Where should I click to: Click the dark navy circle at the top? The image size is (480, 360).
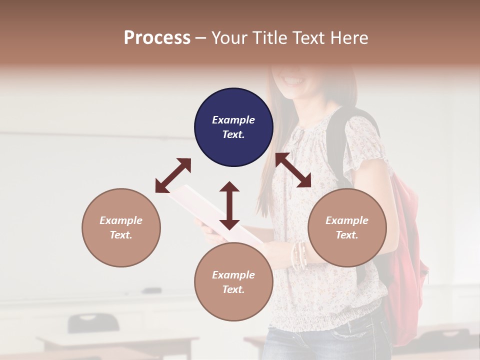(x=233, y=127)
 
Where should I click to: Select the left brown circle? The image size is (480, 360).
(x=121, y=227)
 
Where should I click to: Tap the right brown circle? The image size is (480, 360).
(x=347, y=227)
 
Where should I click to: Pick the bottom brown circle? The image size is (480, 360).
(x=233, y=282)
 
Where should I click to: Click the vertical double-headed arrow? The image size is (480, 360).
(x=229, y=205)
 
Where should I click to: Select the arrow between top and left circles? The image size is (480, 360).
(x=173, y=175)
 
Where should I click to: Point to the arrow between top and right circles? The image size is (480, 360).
(x=293, y=170)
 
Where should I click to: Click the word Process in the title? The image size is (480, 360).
(x=157, y=37)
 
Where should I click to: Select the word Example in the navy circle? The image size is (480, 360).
(x=233, y=120)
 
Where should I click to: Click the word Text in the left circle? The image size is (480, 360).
(x=121, y=235)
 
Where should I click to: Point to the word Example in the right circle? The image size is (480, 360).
(x=347, y=220)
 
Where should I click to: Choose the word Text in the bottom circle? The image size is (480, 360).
(x=233, y=289)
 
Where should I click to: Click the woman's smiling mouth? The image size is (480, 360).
(x=294, y=80)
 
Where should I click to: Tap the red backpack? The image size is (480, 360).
(x=407, y=260)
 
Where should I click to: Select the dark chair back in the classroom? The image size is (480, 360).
(x=93, y=322)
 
